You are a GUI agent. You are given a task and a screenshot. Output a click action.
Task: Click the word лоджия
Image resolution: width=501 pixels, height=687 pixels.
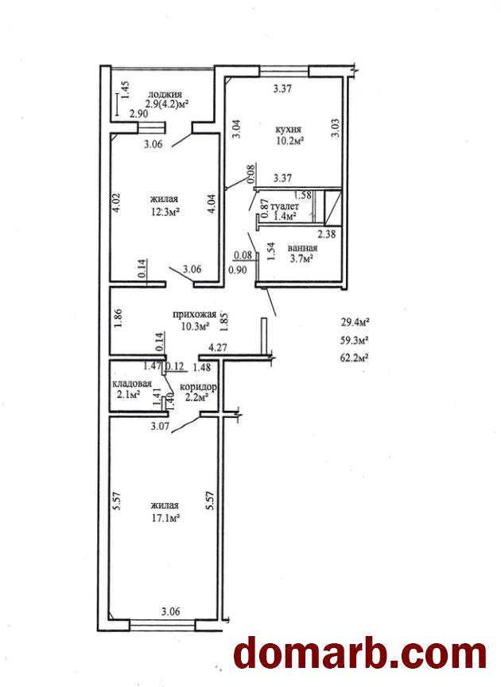pos(165,93)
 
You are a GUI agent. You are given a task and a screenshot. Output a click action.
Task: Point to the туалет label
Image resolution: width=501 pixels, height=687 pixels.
pos(285,206)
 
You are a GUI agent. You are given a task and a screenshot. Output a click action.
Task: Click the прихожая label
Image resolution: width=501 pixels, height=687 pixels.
pos(192,314)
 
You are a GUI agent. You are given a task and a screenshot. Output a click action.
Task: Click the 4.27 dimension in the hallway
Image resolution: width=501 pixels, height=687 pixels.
pos(219,348)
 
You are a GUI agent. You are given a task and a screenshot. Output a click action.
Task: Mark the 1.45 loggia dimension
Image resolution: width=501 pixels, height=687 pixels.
pos(126,95)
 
